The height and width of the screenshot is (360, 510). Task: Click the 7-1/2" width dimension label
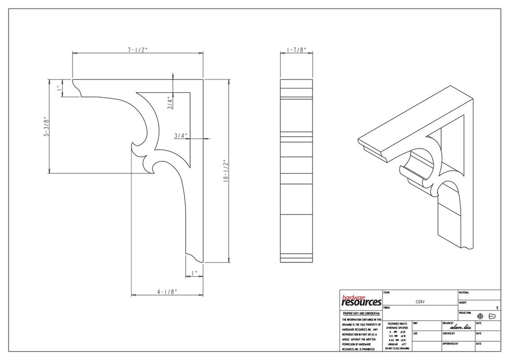[137, 49]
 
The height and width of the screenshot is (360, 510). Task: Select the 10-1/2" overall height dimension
[227, 171]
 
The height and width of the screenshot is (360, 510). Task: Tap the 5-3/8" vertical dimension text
[47, 127]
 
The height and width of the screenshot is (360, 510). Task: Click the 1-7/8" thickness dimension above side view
[296, 49]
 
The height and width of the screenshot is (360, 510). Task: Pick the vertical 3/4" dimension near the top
[169, 103]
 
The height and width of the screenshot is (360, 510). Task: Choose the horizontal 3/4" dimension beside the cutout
[180, 136]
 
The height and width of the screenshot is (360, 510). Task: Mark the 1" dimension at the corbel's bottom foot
[194, 273]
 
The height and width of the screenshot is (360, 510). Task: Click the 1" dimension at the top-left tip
[59, 89]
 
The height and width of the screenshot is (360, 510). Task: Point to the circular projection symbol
[480, 316]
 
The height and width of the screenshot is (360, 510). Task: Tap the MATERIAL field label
[464, 293]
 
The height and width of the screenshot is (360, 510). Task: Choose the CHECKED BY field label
[450, 333]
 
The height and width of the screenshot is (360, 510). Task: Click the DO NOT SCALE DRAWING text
[397, 349]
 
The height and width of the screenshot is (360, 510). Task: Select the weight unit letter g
[497, 308]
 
